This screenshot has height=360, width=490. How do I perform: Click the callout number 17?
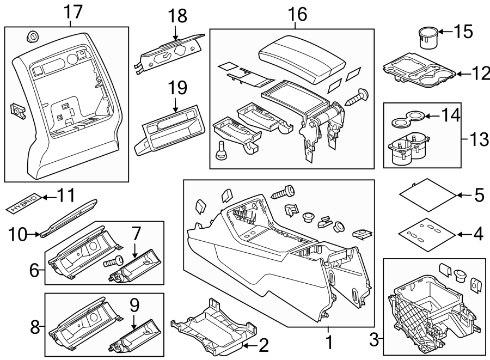click(x=72, y=10)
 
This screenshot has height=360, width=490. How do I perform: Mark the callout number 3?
click(x=373, y=341)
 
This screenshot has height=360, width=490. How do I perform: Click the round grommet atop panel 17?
click(x=32, y=37)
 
